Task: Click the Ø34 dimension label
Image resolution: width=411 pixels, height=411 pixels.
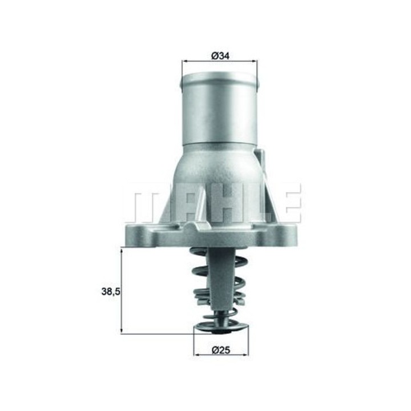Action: [220, 55]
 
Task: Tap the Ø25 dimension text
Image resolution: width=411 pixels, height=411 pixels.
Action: [220, 350]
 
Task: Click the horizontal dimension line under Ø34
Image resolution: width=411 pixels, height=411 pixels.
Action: [220, 62]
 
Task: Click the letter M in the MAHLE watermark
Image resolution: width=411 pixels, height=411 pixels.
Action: [145, 203]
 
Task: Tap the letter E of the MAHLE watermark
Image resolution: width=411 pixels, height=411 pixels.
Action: [291, 203]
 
